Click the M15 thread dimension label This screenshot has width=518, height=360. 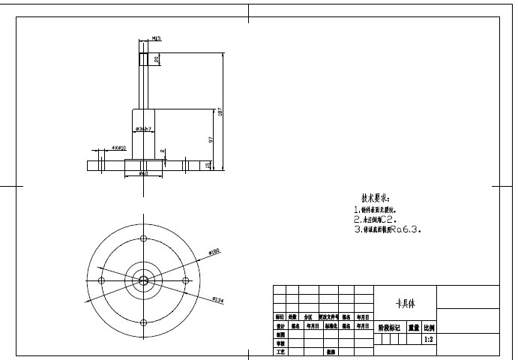tap(157, 37)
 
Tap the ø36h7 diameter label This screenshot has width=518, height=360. tap(143, 130)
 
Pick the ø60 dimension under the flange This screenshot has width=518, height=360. tap(143, 175)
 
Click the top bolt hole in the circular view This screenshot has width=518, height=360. tap(143, 238)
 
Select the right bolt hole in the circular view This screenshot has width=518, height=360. tap(185, 280)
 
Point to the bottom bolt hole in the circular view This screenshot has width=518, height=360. tap(143, 322)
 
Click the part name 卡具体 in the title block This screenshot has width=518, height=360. tap(405, 304)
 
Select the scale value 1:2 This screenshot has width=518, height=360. tap(429, 340)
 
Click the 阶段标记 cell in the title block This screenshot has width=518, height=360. tap(389, 328)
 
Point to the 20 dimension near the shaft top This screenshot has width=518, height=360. tap(156, 58)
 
